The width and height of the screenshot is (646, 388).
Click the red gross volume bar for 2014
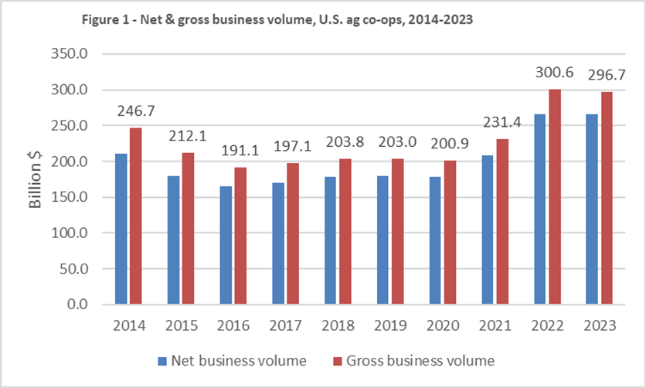[x=136, y=216]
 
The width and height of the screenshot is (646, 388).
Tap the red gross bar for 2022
[x=554, y=197]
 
